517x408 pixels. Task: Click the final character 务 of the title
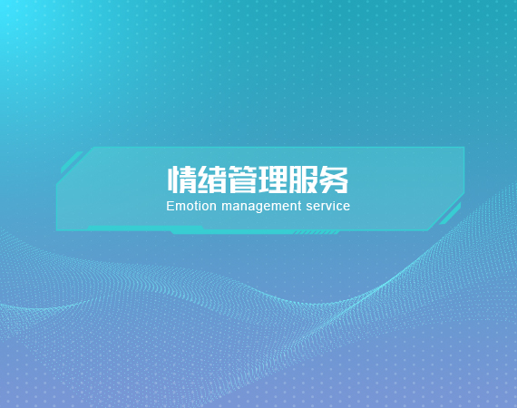pos(334,180)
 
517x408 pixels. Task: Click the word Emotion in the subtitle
pos(191,206)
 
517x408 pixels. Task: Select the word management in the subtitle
pos(261,207)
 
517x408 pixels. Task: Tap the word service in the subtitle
pos(327,206)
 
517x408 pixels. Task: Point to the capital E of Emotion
pos(171,206)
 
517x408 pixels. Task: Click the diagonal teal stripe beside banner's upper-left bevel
pos(72,162)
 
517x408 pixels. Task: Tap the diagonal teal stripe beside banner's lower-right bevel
pos(450,214)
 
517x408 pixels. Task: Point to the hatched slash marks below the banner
pos(317,233)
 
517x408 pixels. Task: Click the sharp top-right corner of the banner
pos(464,147)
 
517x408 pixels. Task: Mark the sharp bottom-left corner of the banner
pos(57,230)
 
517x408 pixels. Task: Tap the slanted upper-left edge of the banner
pos(75,166)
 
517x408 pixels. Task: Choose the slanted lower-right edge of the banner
pos(446,212)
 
